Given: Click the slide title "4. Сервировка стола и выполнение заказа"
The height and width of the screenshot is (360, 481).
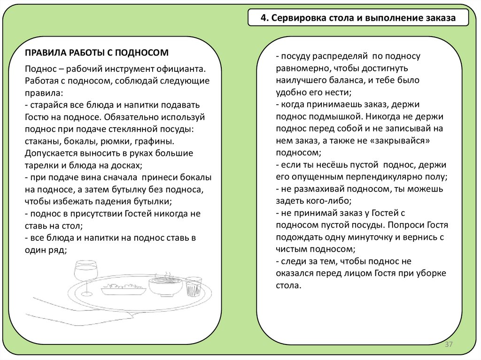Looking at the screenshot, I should pyautogui.click(x=358, y=19).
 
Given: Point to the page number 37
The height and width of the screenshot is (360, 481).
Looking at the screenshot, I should pyautogui.click(x=448, y=345).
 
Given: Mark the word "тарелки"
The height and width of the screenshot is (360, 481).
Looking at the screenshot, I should pyautogui.click(x=41, y=166).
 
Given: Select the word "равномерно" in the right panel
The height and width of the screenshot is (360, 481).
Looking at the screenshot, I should pyautogui.click(x=300, y=68).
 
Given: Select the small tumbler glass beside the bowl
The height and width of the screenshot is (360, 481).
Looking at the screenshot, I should pyautogui.click(x=193, y=286).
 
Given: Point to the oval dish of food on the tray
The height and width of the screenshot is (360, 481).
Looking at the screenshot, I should pyautogui.click(x=124, y=289).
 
